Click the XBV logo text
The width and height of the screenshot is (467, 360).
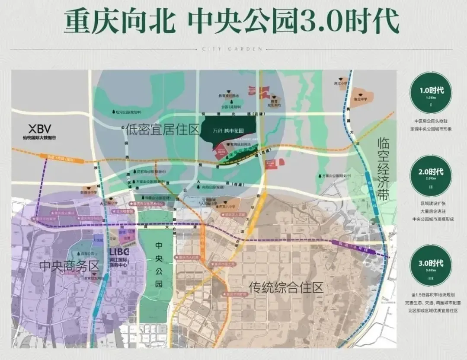pyautogui.click(x=40, y=129)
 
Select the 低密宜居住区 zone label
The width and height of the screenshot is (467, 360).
pyautogui.click(x=163, y=129)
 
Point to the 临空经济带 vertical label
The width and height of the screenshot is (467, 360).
pyautogui.click(x=384, y=169)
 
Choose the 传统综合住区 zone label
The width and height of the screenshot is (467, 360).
pyautogui.click(x=286, y=287)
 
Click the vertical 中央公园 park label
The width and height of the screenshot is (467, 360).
pyautogui.click(x=159, y=264)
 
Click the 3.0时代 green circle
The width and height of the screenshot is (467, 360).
pyautogui.click(x=431, y=265)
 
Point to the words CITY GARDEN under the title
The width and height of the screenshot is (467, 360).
pyautogui.click(x=232, y=49)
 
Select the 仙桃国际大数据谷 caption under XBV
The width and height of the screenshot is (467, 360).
pyautogui.click(x=40, y=138)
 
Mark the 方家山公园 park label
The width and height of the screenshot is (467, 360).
pyautogui.click(x=336, y=176)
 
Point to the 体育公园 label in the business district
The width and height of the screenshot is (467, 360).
pyautogui.click(x=88, y=253)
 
